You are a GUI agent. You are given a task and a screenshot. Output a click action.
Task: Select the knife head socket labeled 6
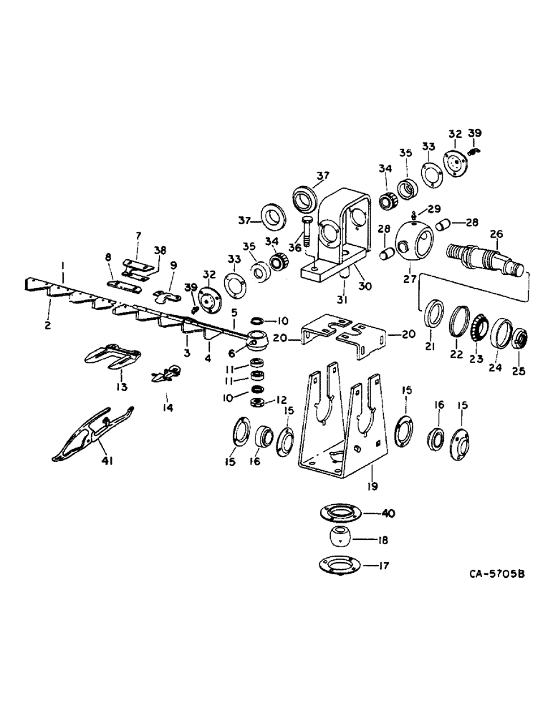point(255,339)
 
